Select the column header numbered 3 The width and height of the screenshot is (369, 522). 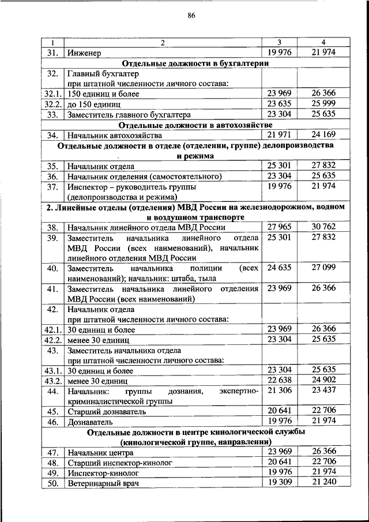pyautogui.click(x=279, y=43)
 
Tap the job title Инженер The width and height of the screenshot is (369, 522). pyautogui.click(x=84, y=53)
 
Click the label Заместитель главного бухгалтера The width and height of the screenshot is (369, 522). pyautogui.click(x=125, y=115)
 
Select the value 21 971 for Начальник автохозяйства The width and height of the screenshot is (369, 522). pyautogui.click(x=280, y=135)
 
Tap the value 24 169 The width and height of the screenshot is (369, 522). pyautogui.click(x=323, y=135)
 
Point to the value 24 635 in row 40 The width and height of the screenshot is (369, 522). pyautogui.click(x=280, y=268)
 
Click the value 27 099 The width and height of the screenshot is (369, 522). pyautogui.click(x=323, y=268)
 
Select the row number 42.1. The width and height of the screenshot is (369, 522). pyautogui.click(x=52, y=329)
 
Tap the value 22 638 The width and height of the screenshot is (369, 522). pyautogui.click(x=280, y=380)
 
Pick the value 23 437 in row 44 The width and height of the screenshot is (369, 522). pyautogui.click(x=323, y=390)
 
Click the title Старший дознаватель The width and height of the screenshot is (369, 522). pyautogui.click(x=106, y=411)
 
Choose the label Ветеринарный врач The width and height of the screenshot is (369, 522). pyautogui.click(x=103, y=483)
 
